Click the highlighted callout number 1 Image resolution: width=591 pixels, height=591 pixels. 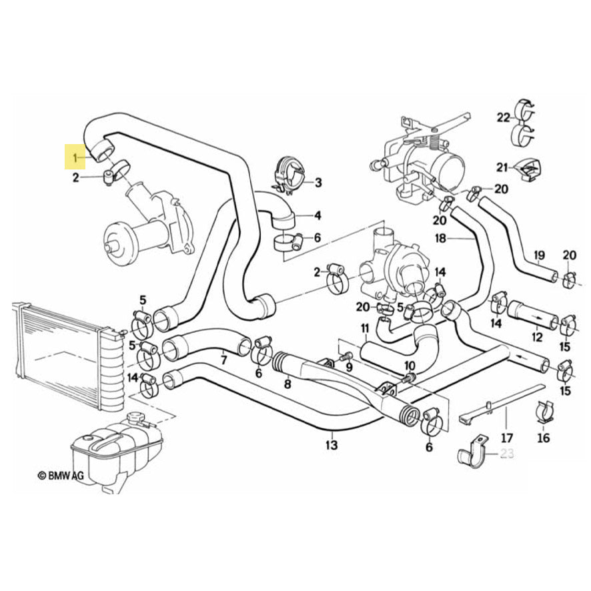[76, 157]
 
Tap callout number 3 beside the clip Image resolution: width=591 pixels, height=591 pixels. [318, 182]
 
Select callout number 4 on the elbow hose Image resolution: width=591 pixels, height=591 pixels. [318, 215]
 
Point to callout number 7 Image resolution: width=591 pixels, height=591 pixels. [223, 361]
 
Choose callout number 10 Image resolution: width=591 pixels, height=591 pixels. [409, 366]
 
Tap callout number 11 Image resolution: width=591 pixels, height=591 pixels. [364, 328]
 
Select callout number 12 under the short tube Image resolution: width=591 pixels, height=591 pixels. [536, 337]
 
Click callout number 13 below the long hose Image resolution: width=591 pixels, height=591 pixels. [332, 445]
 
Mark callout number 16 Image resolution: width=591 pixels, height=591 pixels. [544, 438]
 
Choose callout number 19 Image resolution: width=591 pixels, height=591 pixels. [539, 254]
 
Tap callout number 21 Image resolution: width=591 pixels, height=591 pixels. [502, 167]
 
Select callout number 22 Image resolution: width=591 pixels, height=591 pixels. [502, 117]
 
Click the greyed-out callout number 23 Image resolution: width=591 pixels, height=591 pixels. [507, 455]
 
